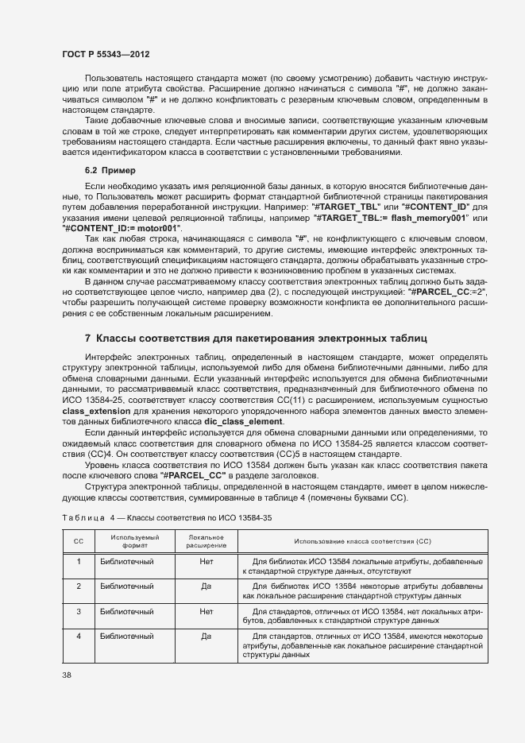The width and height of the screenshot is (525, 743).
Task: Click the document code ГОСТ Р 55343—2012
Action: [x=106, y=53]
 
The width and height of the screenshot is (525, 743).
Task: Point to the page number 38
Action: [x=67, y=675]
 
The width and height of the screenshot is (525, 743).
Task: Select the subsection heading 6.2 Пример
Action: [x=110, y=170]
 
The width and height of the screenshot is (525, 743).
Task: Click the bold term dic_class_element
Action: [x=243, y=420]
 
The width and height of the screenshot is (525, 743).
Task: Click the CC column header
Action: [x=79, y=541]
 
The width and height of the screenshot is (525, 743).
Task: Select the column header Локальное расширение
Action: [x=207, y=541]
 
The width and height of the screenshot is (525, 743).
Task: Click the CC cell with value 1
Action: [x=79, y=562]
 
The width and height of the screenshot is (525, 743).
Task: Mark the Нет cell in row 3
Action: [x=207, y=612]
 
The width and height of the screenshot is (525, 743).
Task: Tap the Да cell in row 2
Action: [x=207, y=586]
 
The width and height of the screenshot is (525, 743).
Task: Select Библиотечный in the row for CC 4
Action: [x=127, y=637]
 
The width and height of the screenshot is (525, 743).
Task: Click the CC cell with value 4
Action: [x=79, y=637]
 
